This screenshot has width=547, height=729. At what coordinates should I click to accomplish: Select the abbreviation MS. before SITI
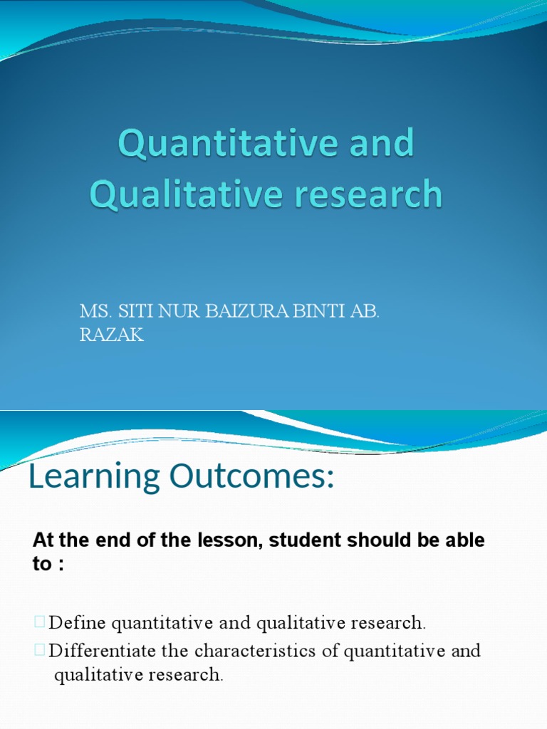(91, 313)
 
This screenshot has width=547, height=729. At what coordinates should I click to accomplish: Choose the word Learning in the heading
(94, 478)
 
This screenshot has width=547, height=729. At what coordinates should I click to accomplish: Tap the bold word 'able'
(462, 540)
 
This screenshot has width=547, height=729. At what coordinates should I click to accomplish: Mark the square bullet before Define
(38, 623)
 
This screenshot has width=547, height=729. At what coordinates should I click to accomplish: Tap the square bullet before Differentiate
(38, 651)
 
